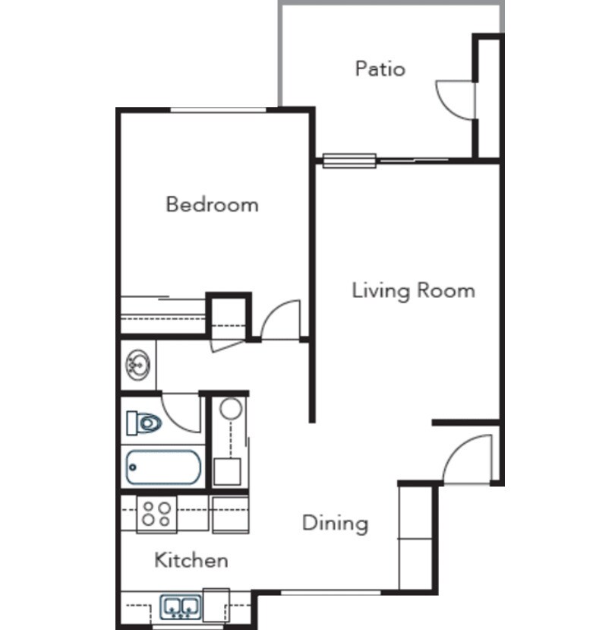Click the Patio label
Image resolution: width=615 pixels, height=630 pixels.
pyautogui.click(x=380, y=69)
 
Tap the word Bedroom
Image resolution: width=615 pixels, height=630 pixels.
pyautogui.click(x=212, y=204)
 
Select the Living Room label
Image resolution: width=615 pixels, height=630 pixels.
pyautogui.click(x=413, y=290)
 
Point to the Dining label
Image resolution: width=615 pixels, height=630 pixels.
pyautogui.click(x=335, y=523)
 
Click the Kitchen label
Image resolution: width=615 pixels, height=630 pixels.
pyautogui.click(x=191, y=561)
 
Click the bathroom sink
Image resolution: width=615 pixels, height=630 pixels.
pyautogui.click(x=138, y=365)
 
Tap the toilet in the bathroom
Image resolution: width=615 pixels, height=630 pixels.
pyautogui.click(x=144, y=422)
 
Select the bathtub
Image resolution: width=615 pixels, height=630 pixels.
pyautogui.click(x=163, y=467)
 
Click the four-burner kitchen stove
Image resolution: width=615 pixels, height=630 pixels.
pyautogui.click(x=156, y=514)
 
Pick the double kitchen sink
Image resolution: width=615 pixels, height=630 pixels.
pyautogui.click(x=181, y=606)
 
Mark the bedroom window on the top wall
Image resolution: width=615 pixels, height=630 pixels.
pyautogui.click(x=218, y=111)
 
